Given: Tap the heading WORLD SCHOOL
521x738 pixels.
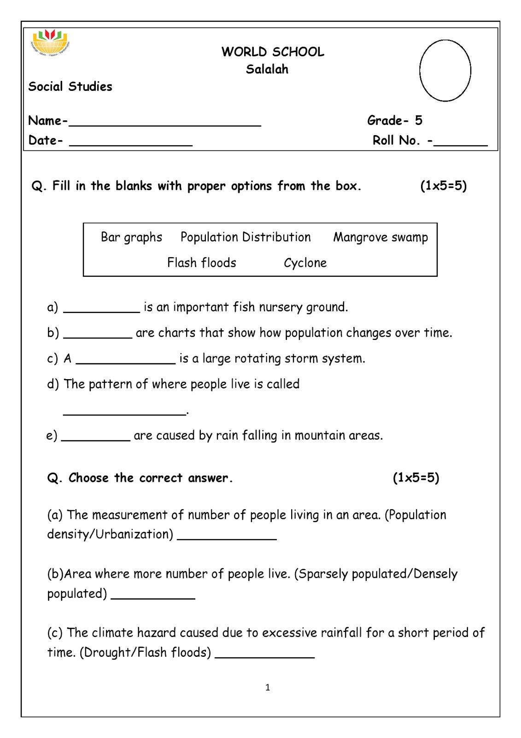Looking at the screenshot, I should [x=273, y=52].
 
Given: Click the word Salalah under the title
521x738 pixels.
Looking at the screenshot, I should [x=267, y=69].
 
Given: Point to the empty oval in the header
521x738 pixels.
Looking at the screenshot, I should [x=445, y=70].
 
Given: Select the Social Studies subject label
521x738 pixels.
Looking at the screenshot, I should [x=70, y=86].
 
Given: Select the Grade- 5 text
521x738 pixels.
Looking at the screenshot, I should [x=394, y=120].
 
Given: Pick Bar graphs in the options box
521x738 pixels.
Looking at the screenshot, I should [x=131, y=237].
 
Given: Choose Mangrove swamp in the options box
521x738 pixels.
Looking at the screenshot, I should [x=381, y=237].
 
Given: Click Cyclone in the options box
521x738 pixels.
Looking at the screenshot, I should [x=305, y=263].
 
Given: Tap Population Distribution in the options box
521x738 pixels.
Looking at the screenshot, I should [x=246, y=237].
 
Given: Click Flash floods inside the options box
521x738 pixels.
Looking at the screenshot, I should [x=201, y=263].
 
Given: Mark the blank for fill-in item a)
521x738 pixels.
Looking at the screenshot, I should [x=101, y=311].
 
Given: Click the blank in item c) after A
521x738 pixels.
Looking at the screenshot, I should [x=125, y=363].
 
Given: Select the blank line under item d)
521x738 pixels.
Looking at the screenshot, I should [x=124, y=414].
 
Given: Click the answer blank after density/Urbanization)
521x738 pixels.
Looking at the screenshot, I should [x=227, y=538].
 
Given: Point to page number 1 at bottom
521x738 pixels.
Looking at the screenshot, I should [x=268, y=688].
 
